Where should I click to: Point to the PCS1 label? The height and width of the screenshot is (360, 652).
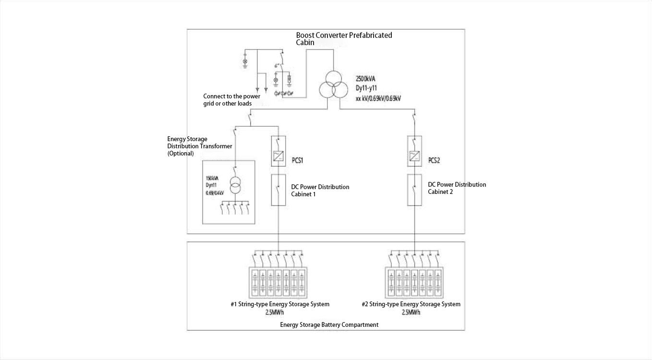pyautogui.click(x=297, y=160)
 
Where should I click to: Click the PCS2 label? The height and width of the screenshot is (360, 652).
pyautogui.click(x=434, y=160)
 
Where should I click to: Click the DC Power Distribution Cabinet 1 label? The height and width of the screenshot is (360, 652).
pyautogui.click(x=320, y=190)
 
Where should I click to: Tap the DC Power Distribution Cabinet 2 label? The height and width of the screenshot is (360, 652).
pyautogui.click(x=457, y=188)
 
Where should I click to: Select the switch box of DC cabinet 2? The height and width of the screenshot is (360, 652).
pyautogui.click(x=415, y=190)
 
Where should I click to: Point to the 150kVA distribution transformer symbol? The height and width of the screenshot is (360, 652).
pyautogui.click(x=235, y=186)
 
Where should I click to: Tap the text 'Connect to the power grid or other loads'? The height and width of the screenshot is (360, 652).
pyautogui.click(x=231, y=100)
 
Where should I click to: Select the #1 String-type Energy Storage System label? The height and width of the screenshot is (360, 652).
pyautogui.click(x=280, y=304)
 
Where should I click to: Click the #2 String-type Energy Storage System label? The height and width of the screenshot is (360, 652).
pyautogui.click(x=411, y=304)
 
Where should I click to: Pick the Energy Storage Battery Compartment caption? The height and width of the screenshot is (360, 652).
pyautogui.click(x=329, y=324)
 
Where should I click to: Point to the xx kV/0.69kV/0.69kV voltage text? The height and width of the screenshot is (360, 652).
pyautogui.click(x=378, y=98)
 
